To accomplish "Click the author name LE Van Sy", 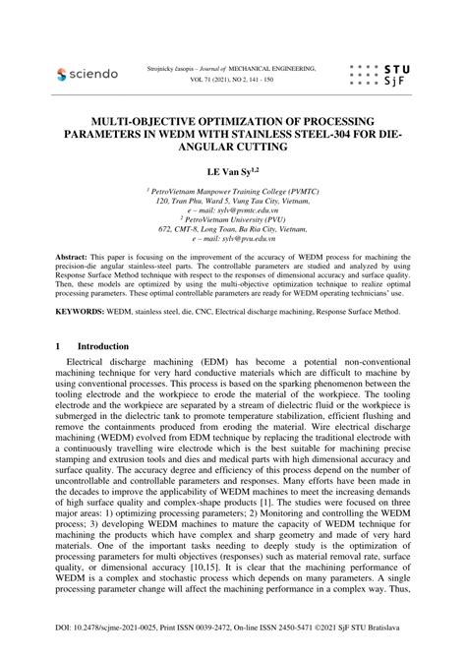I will (x=233, y=170).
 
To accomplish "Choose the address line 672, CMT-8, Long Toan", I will (x=233, y=230).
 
